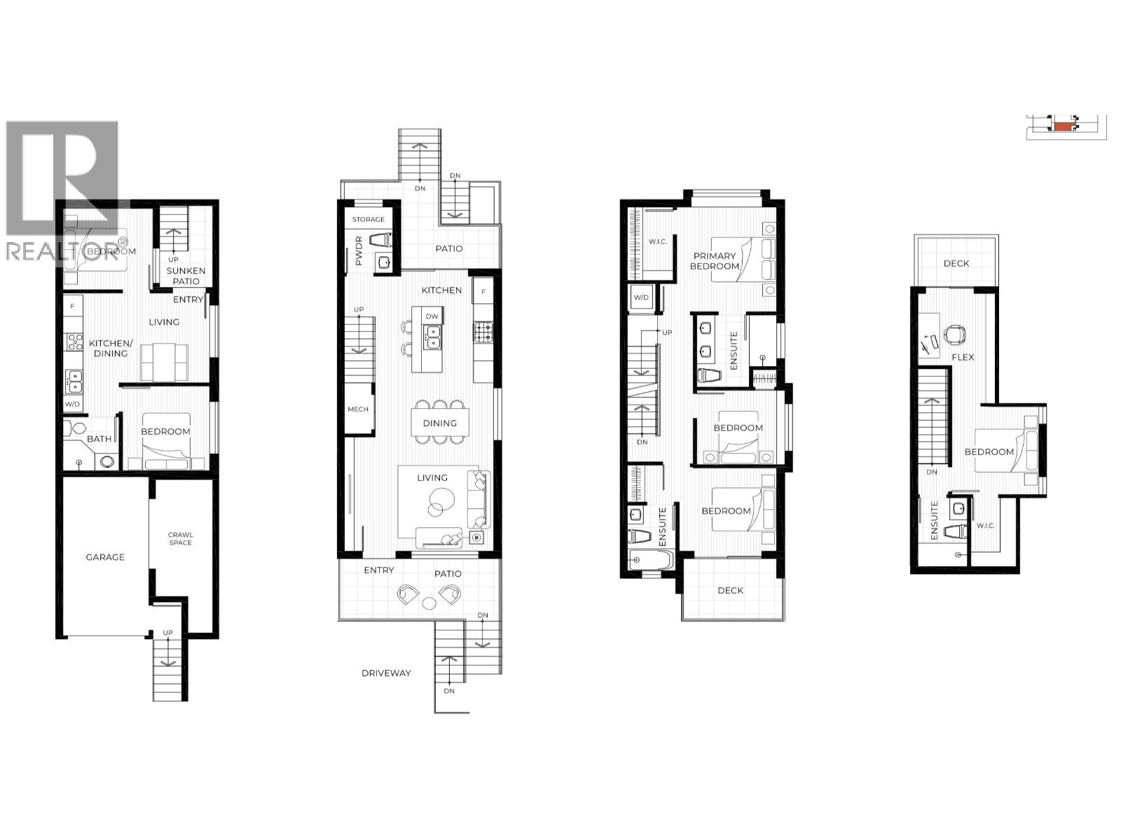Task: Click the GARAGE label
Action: (x=105, y=557)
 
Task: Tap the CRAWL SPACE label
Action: (x=180, y=539)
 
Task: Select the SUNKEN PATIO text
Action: (x=186, y=276)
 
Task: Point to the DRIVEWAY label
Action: (x=386, y=673)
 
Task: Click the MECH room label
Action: (x=357, y=409)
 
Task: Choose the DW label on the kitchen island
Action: (x=432, y=316)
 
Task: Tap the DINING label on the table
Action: (x=439, y=423)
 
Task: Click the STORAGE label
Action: (x=369, y=219)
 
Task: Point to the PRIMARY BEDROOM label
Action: (x=715, y=261)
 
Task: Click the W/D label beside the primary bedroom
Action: (x=641, y=297)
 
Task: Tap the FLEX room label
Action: (x=963, y=357)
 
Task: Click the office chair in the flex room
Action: (x=954, y=335)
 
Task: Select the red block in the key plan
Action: (x=1064, y=127)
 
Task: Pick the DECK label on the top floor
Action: (x=956, y=263)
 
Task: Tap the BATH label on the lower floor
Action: (x=99, y=439)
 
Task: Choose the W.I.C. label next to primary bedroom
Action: (x=657, y=241)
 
